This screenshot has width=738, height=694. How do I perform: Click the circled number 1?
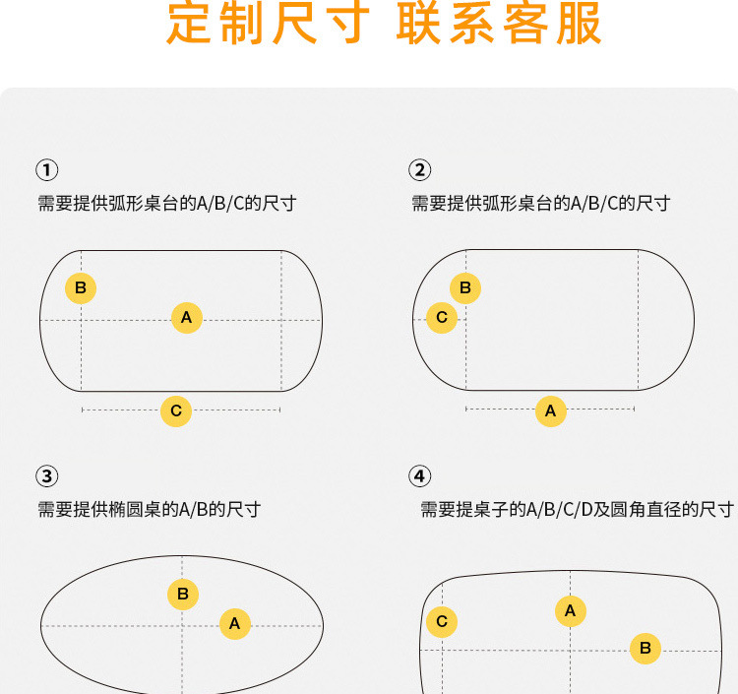click(x=46, y=169)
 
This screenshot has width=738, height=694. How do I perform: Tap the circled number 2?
click(x=420, y=169)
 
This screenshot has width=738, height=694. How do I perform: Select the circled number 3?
click(x=46, y=476)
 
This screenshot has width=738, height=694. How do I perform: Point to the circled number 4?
click(x=420, y=476)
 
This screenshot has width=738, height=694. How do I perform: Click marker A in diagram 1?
click(x=186, y=318)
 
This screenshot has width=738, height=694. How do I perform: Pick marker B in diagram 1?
click(x=81, y=288)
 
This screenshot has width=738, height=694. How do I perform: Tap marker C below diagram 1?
click(x=176, y=410)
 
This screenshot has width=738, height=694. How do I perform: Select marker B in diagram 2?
click(x=465, y=288)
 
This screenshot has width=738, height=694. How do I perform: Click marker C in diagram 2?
click(x=442, y=318)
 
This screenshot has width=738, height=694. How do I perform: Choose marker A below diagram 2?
click(x=550, y=410)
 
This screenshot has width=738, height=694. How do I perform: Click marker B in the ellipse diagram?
click(x=182, y=595)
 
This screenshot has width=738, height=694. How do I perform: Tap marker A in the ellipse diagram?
click(x=234, y=623)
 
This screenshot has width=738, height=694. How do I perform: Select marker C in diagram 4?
click(x=442, y=621)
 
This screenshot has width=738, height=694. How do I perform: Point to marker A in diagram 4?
click(x=570, y=611)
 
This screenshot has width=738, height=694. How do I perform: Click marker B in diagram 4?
click(x=646, y=648)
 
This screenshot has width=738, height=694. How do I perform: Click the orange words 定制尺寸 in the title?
click(x=269, y=25)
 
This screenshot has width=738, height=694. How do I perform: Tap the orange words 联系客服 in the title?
click(x=500, y=25)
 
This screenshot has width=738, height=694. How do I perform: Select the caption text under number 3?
click(x=149, y=510)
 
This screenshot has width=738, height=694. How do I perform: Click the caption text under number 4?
click(x=577, y=510)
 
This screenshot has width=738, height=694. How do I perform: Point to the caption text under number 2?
click(x=540, y=204)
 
